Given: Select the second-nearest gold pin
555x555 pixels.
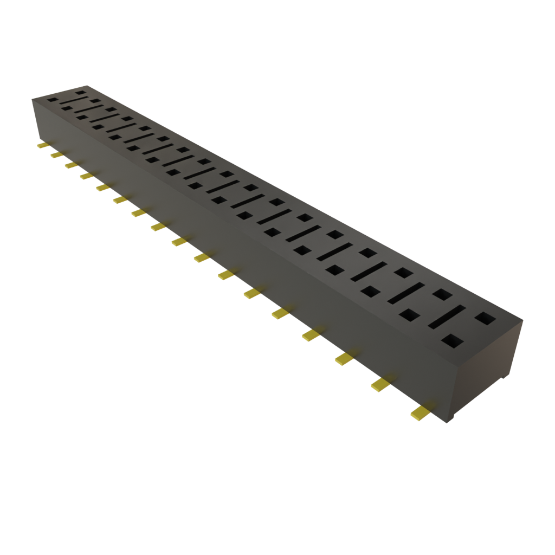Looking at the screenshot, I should pos(380,384).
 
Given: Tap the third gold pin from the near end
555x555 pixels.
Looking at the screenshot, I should pos(343,358).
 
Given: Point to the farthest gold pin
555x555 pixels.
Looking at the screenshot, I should pos(41,146).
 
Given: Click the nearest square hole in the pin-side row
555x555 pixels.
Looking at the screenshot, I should pos(453,341).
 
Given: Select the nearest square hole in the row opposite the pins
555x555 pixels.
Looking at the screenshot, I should pos(485,317).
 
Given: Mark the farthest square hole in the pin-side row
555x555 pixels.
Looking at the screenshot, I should pos(52,100).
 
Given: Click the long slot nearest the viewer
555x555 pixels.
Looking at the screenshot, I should pos(448,317).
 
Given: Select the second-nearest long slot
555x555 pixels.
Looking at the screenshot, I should pos(405,293).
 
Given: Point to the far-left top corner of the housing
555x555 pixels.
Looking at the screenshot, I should pos(32,98).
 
